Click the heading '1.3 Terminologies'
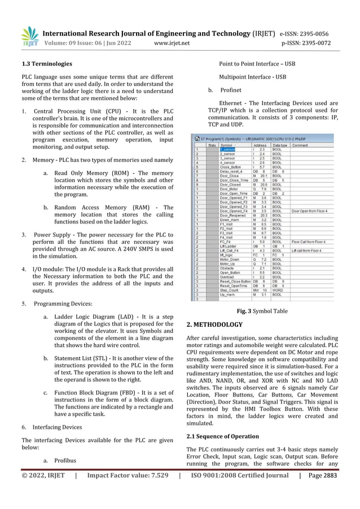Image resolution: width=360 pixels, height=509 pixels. [x=46, y=64]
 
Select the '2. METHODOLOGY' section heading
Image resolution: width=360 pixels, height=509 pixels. [x=214, y=324]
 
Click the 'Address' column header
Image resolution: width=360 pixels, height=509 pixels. [x=259, y=144]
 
